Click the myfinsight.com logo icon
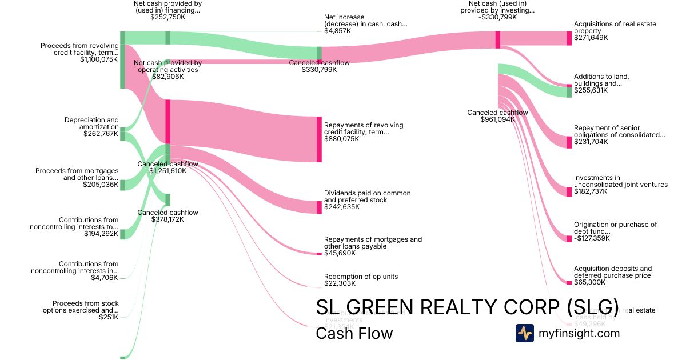(x=524, y=333)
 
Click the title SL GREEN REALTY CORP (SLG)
(x=467, y=307)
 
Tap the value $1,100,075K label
(x=99, y=59)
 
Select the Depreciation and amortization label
(x=91, y=123)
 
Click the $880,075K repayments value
(x=342, y=139)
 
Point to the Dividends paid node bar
(x=320, y=207)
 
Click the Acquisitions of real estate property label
(x=615, y=27)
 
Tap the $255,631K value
(x=591, y=90)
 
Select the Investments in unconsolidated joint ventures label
(x=620, y=181)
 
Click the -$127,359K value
(x=592, y=238)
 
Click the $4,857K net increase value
(x=337, y=31)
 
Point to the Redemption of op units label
(x=361, y=277)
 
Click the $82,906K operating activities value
(x=168, y=77)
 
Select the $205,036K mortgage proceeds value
(x=101, y=185)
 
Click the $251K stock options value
(x=109, y=317)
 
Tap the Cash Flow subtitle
(x=354, y=333)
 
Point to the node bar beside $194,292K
(x=122, y=234)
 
